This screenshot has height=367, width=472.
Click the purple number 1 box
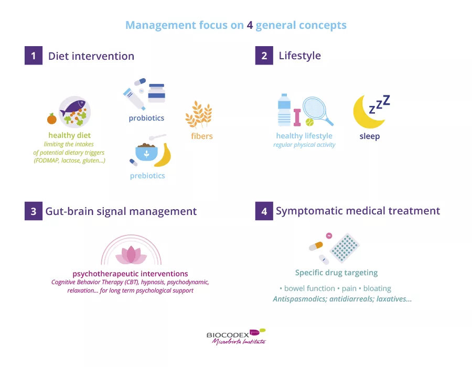[x=33, y=56]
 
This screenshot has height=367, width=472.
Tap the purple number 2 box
[x=264, y=56]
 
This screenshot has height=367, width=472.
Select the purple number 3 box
[x=33, y=211]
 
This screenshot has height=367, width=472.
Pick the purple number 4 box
[x=264, y=211]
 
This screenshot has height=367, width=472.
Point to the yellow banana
[x=164, y=155]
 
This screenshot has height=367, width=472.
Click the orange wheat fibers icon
[x=199, y=115]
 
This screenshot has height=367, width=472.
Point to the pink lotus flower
[x=131, y=254]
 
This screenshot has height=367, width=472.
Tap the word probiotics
[x=146, y=118]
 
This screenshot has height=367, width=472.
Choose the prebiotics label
[x=147, y=176]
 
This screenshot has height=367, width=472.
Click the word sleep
[x=369, y=136]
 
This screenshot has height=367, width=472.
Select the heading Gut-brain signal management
[x=121, y=211]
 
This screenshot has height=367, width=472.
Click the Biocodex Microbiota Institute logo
[x=236, y=336]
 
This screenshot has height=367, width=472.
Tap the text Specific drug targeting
[x=336, y=273]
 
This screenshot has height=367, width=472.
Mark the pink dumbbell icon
[x=297, y=117]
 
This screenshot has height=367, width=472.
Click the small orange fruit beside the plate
[x=51, y=119]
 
